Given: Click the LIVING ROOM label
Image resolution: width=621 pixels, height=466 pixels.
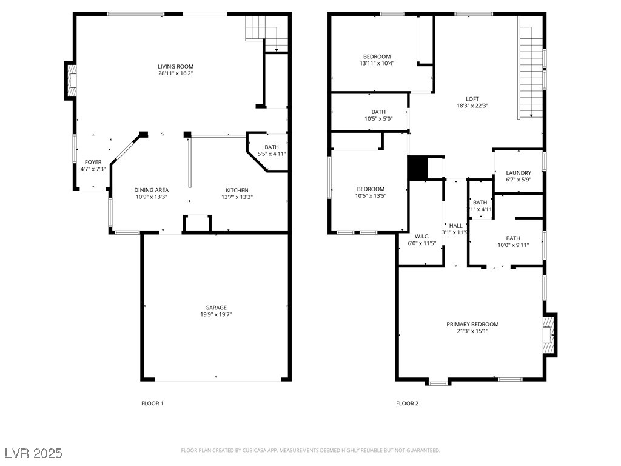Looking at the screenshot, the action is coord(175,67).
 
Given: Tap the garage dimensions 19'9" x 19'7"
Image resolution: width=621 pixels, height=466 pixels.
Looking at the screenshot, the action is coord(216,315).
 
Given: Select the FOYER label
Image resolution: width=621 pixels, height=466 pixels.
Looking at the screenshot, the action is coord(93,162).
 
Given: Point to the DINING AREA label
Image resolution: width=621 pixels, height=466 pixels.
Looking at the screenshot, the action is coord(151,190).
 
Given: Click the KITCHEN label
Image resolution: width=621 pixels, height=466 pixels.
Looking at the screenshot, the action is coord(237,190).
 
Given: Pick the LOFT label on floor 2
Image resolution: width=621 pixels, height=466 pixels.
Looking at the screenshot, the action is coord(472,99).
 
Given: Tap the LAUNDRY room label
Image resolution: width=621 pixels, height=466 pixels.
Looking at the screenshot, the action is coord(519,173).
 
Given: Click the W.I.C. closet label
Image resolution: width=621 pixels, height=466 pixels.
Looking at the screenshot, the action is coord(422,236).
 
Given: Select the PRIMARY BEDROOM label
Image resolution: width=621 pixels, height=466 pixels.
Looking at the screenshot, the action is coord(472,324).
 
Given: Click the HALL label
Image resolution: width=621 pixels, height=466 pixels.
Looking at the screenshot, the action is coord(456,226).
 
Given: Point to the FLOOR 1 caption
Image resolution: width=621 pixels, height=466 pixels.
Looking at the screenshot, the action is coord(152,404).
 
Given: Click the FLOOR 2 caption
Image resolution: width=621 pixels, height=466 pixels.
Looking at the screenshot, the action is coord(407,404).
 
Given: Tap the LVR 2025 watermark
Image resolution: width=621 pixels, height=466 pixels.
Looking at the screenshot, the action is coord(34,453).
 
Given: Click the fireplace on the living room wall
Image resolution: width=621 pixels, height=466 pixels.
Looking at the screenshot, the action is coord(70,81).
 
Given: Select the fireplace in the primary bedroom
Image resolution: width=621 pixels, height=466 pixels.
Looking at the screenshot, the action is coord(549,335).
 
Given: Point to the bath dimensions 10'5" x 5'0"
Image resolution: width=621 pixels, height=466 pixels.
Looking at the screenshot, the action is coord(378,119).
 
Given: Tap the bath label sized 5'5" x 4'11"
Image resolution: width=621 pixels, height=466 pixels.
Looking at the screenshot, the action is coord(272,147).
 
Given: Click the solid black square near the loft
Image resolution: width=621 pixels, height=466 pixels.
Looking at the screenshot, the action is coord(417,167).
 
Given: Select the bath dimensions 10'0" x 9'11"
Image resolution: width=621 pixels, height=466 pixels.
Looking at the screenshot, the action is coord(513,245).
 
